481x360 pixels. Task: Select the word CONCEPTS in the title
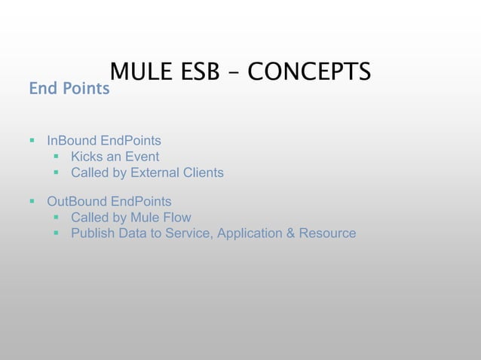(309, 72)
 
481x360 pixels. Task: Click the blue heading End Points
(69, 89)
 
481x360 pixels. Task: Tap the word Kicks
(87, 157)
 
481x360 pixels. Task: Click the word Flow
(177, 218)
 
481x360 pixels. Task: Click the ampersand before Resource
(290, 233)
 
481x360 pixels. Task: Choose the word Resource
(327, 233)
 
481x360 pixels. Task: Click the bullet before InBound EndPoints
(32, 141)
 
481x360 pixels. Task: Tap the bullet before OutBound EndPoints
(32, 202)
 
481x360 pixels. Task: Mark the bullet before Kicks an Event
(57, 157)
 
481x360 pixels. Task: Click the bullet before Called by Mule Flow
(57, 218)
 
